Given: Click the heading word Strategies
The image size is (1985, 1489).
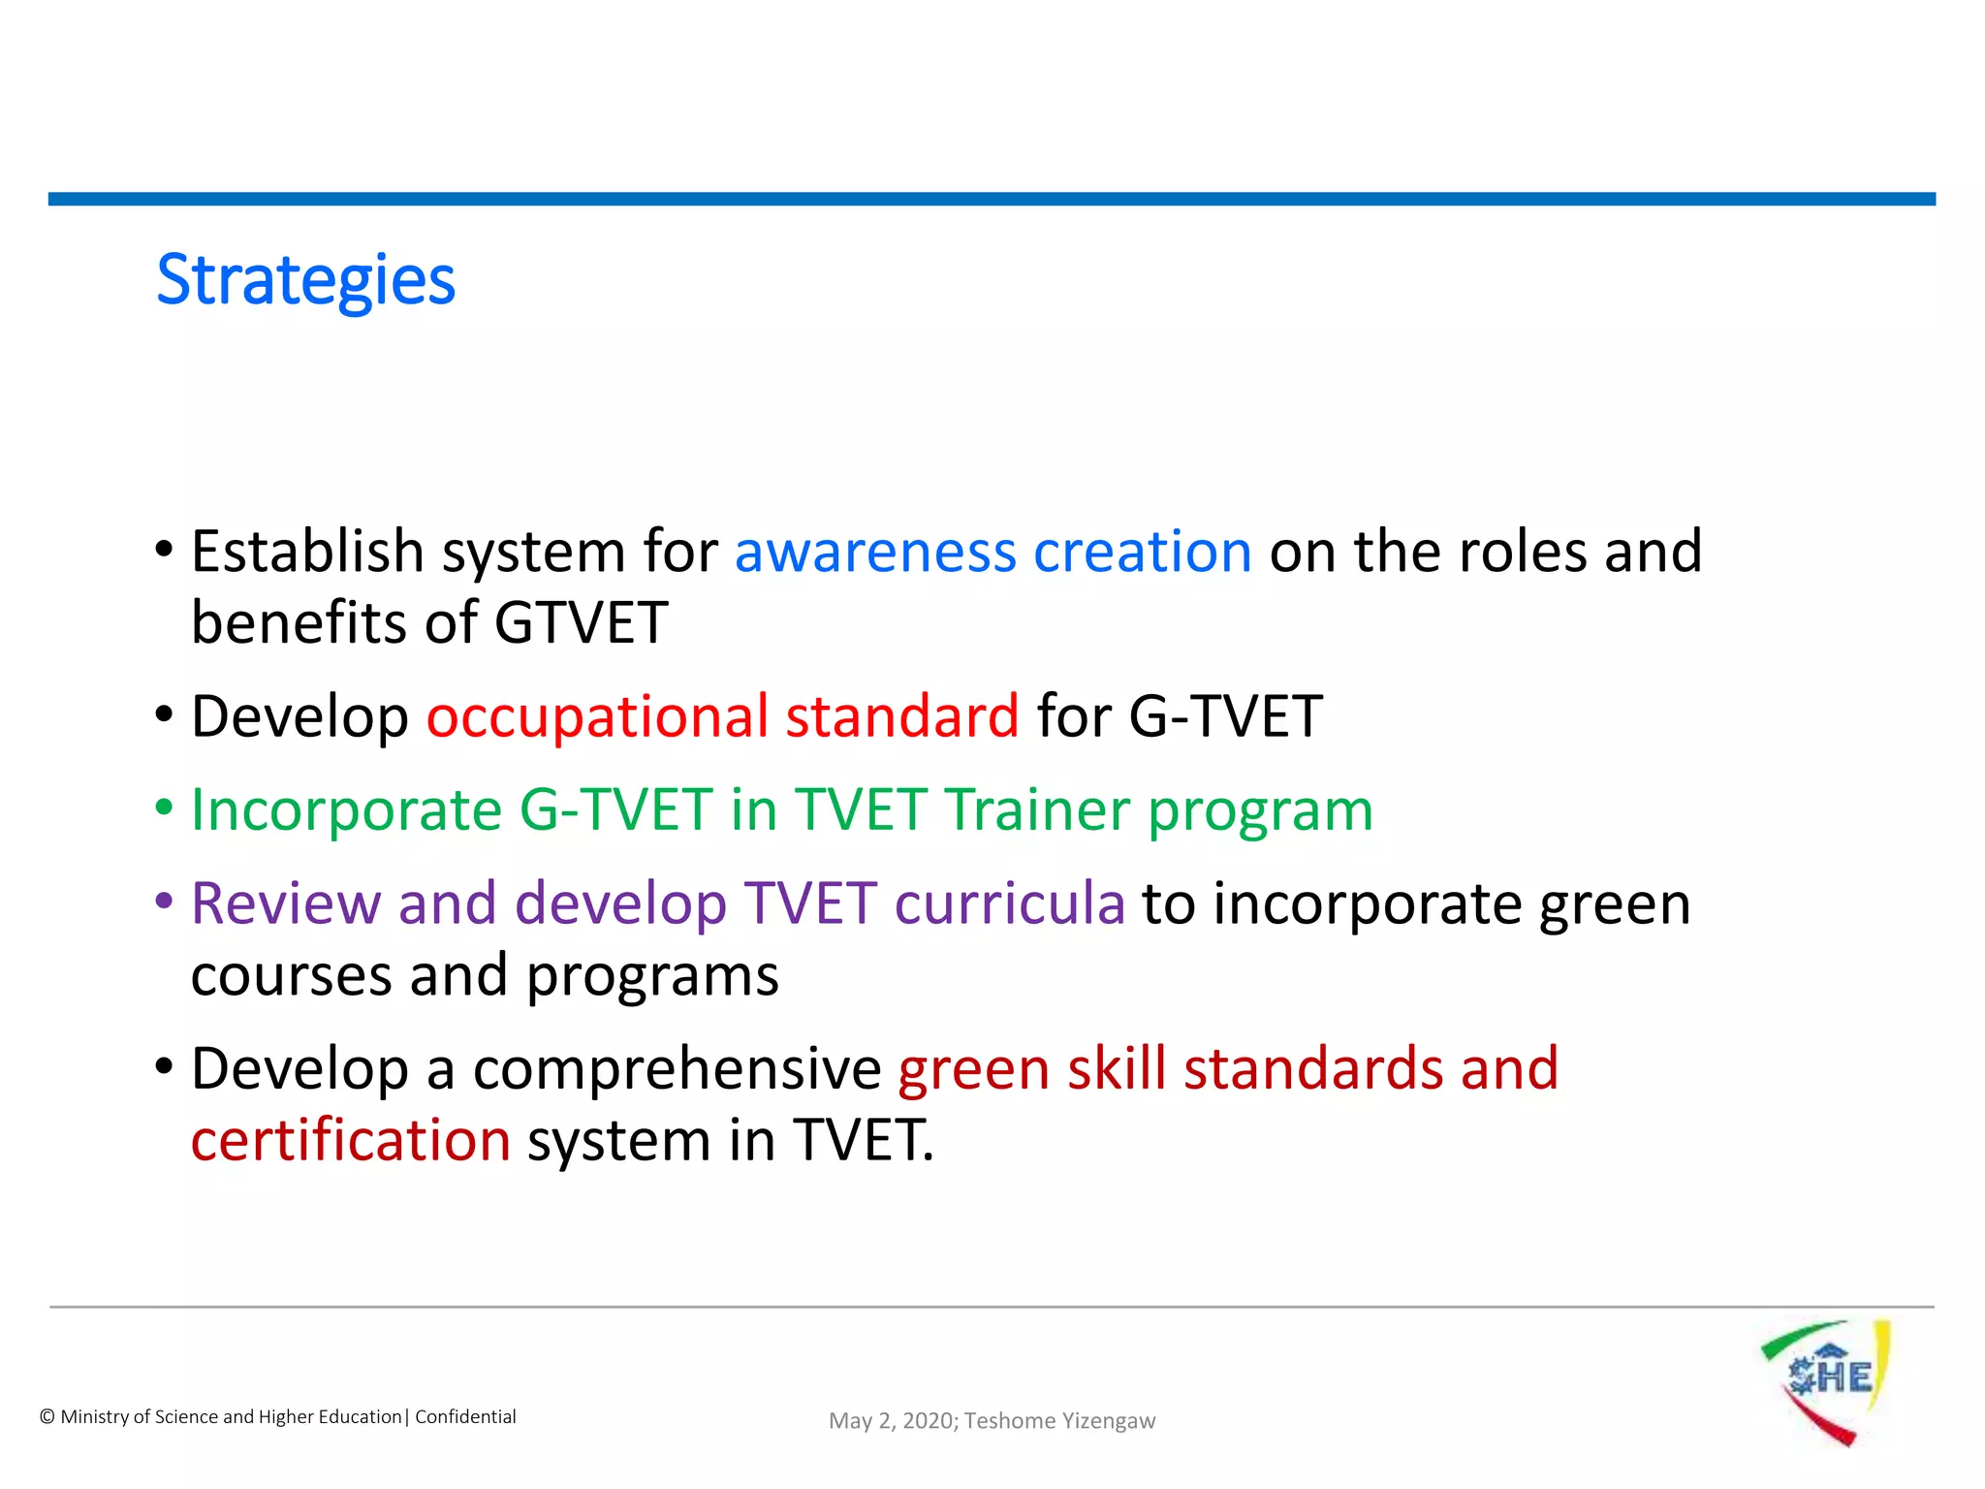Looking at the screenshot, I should point(305,281).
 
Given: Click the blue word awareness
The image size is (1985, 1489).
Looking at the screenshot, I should point(875,553).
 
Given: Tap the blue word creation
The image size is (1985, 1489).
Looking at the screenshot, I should point(1143,553).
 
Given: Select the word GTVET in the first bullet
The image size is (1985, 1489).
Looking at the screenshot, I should point(582,622).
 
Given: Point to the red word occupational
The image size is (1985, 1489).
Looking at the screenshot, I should point(597,718).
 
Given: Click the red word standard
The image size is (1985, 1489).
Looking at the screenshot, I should point(901,716).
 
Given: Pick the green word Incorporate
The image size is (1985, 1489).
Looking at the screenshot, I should point(346,810).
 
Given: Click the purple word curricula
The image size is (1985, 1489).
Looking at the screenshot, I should point(1009,904).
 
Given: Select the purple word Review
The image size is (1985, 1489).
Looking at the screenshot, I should point(286,904).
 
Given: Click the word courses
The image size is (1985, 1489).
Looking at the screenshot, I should point(291,976).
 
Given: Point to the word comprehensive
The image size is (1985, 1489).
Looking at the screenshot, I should point(677,1069).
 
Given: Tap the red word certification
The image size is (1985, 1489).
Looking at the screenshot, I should point(350,1141).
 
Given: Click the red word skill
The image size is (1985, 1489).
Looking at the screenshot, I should point(1117,1069).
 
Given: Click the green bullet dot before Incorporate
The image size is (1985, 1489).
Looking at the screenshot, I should point(164,808).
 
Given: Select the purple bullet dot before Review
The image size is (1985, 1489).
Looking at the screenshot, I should point(164,902).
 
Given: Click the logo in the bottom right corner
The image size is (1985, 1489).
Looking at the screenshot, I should point(1826,1380).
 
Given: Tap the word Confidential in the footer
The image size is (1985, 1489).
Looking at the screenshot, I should point(465,1417).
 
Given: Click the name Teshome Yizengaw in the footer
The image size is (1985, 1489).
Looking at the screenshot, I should point(1059,1421).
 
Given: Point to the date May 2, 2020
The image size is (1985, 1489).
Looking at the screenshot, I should point(892,1421).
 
